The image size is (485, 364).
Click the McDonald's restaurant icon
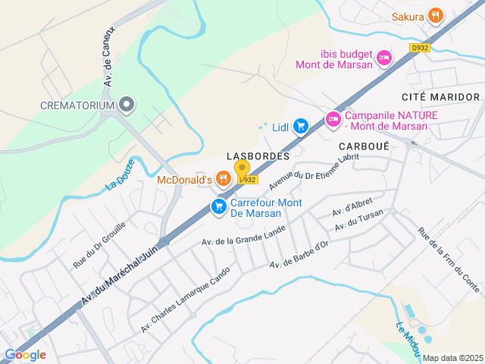[x=222, y=179]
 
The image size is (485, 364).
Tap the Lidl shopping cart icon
[x=301, y=126]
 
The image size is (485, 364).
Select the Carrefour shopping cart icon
[x=219, y=206]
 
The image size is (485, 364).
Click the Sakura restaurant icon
[x=435, y=15]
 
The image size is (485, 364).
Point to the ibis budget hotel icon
[x=384, y=57]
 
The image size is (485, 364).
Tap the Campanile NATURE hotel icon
[x=333, y=118]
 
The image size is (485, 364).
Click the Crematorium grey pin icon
[x=126, y=105]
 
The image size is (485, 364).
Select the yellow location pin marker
[x=242, y=168]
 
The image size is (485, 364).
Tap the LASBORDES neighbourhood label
[x=258, y=155]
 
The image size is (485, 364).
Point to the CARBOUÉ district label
[x=364, y=145]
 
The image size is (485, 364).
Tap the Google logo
[x=25, y=355]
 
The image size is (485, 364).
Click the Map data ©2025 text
[x=452, y=358]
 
